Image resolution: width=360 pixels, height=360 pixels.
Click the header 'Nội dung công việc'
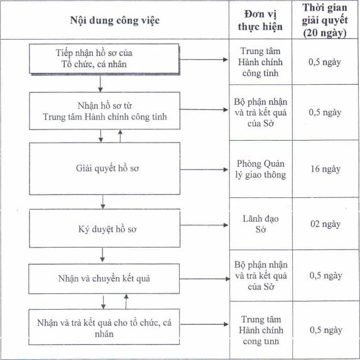tap(115, 21)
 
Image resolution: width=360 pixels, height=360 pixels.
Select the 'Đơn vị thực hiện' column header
tap(260, 21)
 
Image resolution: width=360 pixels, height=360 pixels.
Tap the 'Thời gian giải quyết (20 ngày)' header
tap(325, 20)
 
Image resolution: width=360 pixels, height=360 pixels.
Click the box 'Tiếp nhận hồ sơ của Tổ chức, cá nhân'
tap(104, 59)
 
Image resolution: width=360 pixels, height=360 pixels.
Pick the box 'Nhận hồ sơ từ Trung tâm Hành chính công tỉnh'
tap(104, 111)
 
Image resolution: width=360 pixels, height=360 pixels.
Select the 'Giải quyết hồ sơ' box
tap(104, 169)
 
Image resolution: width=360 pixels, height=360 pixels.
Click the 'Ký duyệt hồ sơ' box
tap(104, 229)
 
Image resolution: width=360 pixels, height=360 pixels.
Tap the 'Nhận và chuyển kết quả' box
tap(104, 279)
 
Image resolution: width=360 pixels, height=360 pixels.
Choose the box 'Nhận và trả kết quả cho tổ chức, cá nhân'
tap(104, 327)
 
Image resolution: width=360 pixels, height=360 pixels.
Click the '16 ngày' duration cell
tap(325, 169)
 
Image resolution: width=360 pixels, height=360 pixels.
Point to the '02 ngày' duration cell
tap(325, 224)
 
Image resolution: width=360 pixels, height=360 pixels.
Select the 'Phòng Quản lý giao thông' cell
tap(261, 169)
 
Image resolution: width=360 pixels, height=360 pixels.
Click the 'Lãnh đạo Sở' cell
tap(261, 224)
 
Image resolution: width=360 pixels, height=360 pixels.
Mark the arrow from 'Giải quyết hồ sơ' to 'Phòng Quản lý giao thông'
tap(204, 170)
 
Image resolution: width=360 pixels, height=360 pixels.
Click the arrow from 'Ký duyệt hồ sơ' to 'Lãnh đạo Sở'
tap(204, 225)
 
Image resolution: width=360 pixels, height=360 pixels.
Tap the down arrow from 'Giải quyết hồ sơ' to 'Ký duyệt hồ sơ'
tap(103, 202)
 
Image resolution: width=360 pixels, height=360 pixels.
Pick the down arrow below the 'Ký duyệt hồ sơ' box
tap(102, 254)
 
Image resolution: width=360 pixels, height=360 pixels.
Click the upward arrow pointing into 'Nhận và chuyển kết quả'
tap(126, 302)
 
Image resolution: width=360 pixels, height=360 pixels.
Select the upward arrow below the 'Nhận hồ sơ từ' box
tap(120, 136)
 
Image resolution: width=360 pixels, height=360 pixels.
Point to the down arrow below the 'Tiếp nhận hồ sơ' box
tap(101, 84)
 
